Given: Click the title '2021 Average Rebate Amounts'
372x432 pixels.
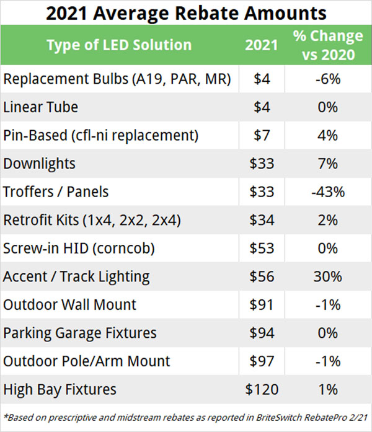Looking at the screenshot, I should tap(186, 12).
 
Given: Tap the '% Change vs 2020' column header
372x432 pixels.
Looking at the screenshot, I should tap(328, 45).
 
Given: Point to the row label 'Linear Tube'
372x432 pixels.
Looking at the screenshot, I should tap(41, 107).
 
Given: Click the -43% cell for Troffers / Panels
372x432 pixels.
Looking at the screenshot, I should tap(328, 192).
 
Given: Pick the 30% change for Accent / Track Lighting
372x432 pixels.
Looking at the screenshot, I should tap(328, 277).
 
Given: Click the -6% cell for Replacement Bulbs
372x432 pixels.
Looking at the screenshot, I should tap(328, 79).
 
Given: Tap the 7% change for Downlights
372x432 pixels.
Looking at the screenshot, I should tap(328, 164).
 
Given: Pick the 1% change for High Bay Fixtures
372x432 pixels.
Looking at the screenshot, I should tap(328, 390).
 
